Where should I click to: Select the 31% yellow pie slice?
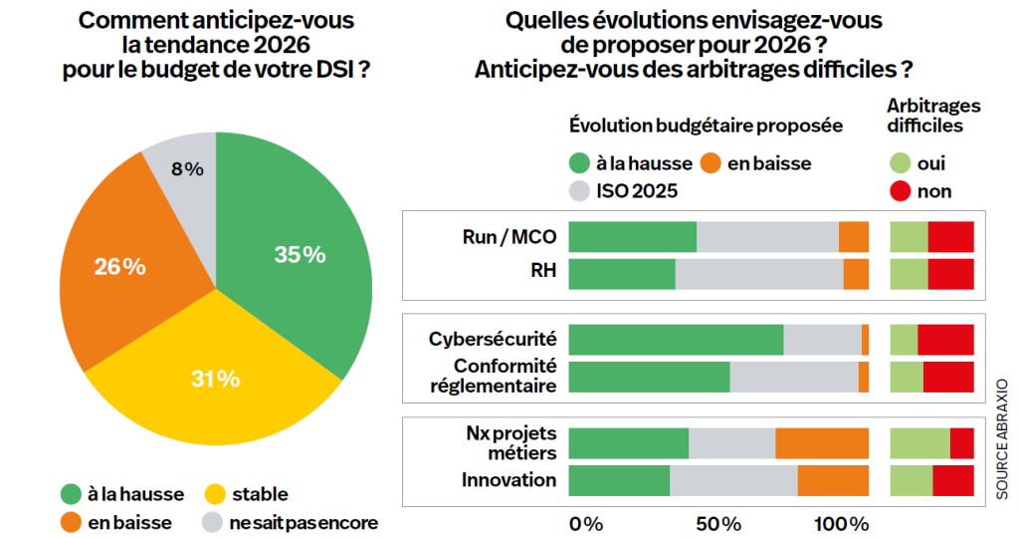click(214, 379)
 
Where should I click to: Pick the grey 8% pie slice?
click(184, 169)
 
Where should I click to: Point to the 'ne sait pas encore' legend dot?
click(214, 522)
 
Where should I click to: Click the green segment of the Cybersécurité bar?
click(676, 340)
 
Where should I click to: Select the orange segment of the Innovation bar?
click(833, 480)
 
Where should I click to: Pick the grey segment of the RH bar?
click(759, 274)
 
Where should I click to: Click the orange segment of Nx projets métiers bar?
click(822, 442)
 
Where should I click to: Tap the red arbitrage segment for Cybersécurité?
click(945, 340)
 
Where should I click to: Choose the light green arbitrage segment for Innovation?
click(911, 480)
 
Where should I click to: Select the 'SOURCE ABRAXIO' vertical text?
click(1001, 437)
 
